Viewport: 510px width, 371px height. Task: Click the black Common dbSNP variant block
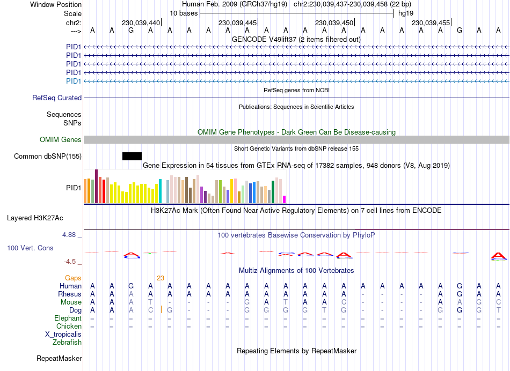tap(132, 156)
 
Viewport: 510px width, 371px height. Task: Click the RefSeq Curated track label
tap(57, 98)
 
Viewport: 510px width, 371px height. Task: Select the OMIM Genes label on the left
tap(61, 139)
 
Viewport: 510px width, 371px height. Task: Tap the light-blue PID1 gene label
tap(74, 81)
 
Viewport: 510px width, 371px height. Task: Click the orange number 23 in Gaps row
tap(161, 278)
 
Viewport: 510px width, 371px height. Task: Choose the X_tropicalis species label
tap(63, 334)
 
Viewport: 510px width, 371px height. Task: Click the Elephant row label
tap(68, 318)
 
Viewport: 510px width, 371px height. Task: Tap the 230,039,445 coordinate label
tap(237, 23)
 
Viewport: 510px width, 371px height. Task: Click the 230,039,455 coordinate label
tap(431, 23)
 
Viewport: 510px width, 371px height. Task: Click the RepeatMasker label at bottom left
tap(59, 358)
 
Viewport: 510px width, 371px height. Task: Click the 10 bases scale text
tap(184, 12)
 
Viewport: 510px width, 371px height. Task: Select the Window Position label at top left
tap(56, 4)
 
